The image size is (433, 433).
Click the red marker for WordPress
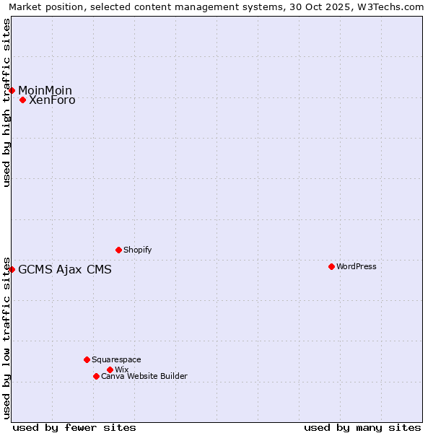click(331, 266)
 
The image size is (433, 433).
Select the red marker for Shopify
click(118, 250)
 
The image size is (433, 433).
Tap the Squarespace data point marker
click(87, 359)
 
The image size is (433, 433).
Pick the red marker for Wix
click(110, 369)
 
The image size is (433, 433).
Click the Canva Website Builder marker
click(96, 376)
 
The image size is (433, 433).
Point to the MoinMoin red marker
click(12, 90)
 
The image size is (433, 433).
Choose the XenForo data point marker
click(22, 100)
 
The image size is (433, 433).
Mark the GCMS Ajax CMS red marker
click(12, 269)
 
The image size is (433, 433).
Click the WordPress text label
click(357, 266)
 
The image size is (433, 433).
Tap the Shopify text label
click(138, 250)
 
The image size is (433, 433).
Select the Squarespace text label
click(116, 359)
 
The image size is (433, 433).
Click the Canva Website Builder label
click(144, 376)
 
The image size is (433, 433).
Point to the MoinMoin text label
click(45, 90)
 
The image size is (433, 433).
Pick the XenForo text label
click(52, 100)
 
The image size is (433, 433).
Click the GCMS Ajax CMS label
click(65, 270)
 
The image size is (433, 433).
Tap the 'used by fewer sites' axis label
click(74, 427)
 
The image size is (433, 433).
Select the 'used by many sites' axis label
click(362, 427)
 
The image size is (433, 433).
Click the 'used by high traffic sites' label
click(6, 102)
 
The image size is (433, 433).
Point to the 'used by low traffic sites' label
click(6, 337)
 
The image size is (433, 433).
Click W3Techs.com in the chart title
click(395, 7)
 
